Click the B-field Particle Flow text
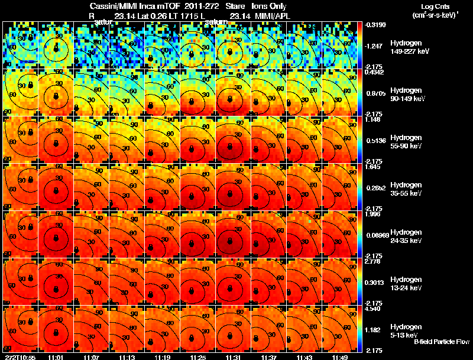point(441,342)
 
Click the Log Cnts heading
point(434,5)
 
